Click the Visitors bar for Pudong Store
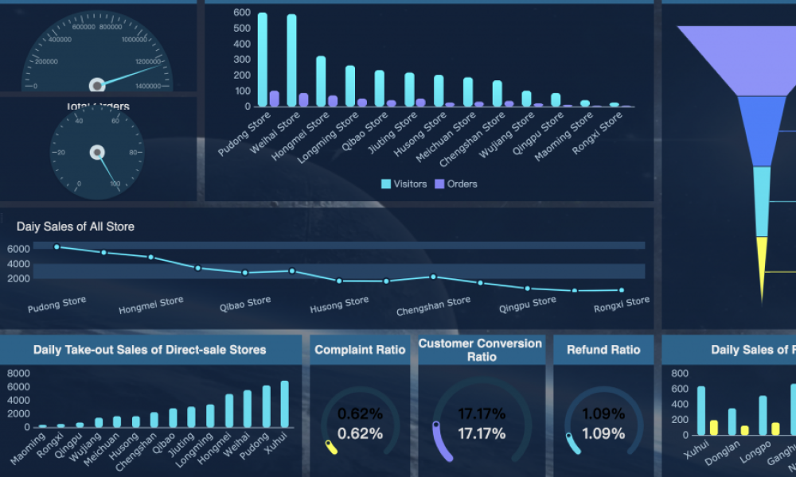point(263,60)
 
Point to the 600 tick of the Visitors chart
point(244,14)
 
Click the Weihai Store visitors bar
point(291,60)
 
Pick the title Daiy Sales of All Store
point(76,227)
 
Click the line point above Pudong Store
point(57,247)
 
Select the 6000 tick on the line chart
point(19,249)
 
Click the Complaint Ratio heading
point(360,350)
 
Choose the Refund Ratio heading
point(603,350)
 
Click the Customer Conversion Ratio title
point(480,350)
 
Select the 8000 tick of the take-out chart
point(18,373)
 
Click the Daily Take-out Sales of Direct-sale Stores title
point(150,350)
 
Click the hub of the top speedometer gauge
point(97,84)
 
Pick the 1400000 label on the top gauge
point(149,85)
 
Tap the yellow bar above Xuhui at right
point(713,428)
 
